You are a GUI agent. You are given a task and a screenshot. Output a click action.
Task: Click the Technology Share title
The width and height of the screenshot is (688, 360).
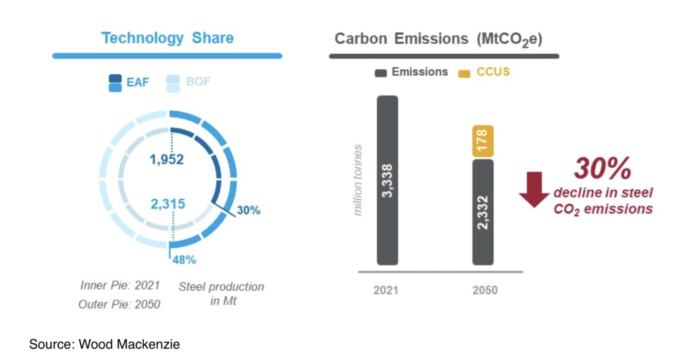pos(167,38)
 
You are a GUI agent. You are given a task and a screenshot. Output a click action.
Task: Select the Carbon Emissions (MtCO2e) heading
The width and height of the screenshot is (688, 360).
pos(439,38)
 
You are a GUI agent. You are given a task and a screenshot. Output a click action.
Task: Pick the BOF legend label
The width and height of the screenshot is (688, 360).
pos(198,83)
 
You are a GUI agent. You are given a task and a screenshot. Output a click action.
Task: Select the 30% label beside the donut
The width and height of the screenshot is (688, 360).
pos(249,210)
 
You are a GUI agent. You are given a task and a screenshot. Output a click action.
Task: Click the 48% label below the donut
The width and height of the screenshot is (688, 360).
pos(181,259)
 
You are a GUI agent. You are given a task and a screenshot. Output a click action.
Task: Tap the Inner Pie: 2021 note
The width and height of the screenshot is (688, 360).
pos(119,285)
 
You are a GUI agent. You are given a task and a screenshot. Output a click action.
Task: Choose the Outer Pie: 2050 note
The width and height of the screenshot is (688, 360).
pos(119,304)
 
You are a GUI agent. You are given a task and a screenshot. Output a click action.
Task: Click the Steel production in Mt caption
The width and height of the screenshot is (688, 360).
pos(221,293)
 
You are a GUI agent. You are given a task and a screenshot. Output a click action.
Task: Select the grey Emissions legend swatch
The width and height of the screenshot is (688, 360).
pos(380,72)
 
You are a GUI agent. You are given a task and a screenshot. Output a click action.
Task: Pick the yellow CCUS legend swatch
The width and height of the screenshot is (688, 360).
pos(464,72)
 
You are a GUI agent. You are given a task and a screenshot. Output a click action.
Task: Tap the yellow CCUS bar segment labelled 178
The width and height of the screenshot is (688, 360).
pos(483,142)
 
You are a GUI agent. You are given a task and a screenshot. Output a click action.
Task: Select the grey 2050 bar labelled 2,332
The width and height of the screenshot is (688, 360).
pos(483,212)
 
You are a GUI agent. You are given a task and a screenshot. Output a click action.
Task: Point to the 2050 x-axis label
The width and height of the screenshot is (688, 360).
pos(483,291)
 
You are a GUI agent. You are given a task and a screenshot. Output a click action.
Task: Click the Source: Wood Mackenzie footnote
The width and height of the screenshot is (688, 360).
pos(104,345)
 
